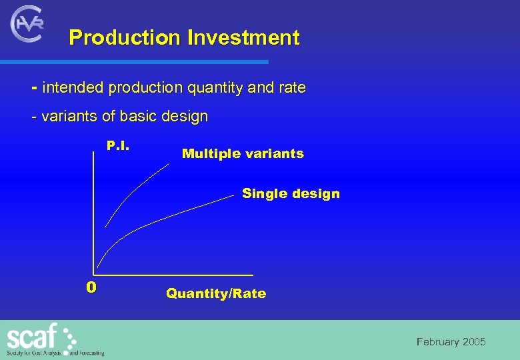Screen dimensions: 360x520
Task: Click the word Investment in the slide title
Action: (x=243, y=37)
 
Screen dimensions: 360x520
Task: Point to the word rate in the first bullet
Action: (x=292, y=87)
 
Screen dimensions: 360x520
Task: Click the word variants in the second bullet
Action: (x=69, y=116)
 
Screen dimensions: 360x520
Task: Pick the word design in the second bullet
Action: (x=184, y=116)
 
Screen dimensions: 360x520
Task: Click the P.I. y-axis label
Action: (x=118, y=145)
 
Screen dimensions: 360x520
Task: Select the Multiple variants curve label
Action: (x=243, y=153)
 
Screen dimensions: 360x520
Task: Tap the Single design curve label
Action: (x=291, y=193)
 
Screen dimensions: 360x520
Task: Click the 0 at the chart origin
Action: (x=91, y=287)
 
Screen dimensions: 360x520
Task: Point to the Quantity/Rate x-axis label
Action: (x=216, y=293)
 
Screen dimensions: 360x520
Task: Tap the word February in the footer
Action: (x=438, y=342)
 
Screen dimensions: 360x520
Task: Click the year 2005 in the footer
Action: (x=474, y=342)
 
